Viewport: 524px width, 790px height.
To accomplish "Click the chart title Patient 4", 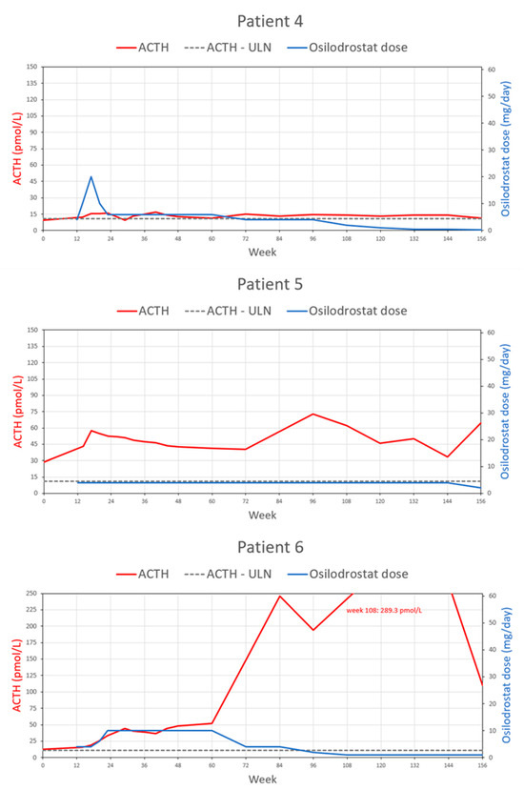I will (262, 18).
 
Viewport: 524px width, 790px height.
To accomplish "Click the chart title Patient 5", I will (262, 283).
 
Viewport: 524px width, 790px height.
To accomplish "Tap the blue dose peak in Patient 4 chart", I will (91, 176).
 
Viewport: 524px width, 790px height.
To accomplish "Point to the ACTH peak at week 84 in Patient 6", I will (280, 597).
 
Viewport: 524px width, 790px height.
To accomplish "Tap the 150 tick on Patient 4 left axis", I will (32, 68).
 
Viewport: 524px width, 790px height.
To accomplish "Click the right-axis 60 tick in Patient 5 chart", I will (493, 332).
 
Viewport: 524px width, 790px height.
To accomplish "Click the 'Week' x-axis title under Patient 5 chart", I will (262, 516).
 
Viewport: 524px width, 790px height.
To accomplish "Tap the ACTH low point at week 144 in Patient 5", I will (448, 456).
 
